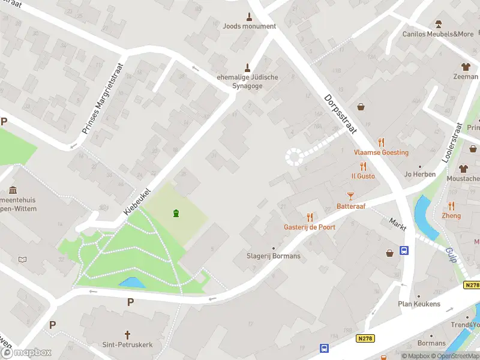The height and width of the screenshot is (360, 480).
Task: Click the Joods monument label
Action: coord(250,26)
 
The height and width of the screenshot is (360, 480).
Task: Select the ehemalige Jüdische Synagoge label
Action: coord(247,82)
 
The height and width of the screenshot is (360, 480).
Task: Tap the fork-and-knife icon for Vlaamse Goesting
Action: coord(381,142)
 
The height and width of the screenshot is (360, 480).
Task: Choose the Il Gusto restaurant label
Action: coord(363,176)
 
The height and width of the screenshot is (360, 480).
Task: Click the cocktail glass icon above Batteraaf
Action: coord(351,196)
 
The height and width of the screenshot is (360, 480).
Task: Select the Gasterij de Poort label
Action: coord(310,227)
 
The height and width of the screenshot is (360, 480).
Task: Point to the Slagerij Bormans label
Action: coord(274,256)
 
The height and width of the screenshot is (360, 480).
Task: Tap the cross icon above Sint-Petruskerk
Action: coord(127,334)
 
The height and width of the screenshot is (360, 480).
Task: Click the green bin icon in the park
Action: coord(176,213)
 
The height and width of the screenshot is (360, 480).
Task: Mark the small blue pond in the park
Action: coord(131,282)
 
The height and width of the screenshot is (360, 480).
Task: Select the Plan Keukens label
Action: coord(419,304)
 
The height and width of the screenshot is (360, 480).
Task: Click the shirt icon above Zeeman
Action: coord(465,67)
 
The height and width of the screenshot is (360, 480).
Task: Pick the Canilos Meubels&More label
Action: coord(438,34)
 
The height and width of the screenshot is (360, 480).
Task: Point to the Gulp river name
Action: coord(452,255)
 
